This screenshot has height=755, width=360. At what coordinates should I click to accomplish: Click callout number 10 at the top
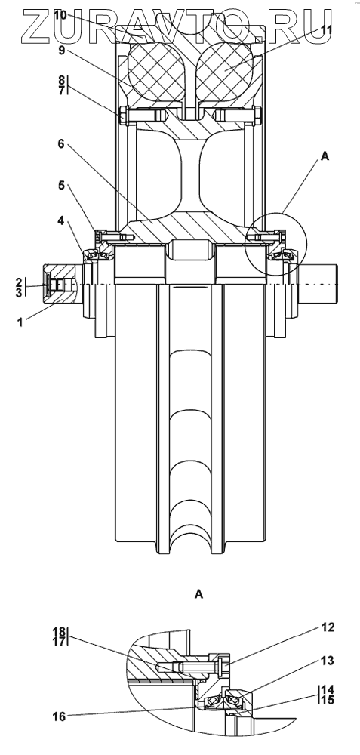point(60,15)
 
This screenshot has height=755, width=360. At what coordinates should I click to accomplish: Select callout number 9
point(62,50)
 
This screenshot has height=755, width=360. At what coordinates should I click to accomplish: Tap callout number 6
point(62,144)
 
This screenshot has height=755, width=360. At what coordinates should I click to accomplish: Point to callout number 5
point(62,186)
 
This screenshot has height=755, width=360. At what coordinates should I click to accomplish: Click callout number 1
point(20,322)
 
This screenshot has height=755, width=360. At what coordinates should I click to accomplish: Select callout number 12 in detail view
point(328,627)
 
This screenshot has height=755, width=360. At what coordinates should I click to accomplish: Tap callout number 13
point(328,661)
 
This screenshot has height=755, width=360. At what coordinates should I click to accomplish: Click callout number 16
point(59,716)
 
